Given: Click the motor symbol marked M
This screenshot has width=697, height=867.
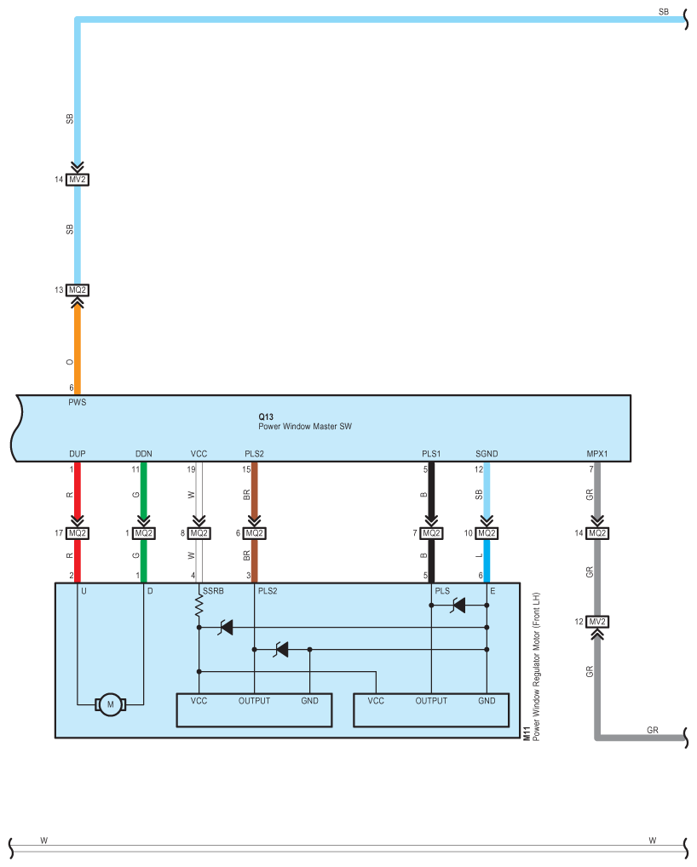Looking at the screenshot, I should click(x=109, y=703).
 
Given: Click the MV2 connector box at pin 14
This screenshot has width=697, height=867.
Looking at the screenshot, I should click(x=78, y=180).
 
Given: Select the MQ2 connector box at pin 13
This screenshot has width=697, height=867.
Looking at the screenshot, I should click(x=78, y=290).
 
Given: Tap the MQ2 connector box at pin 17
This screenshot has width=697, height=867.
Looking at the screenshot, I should click(x=78, y=533).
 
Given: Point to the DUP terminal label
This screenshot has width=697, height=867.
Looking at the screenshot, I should click(x=78, y=454).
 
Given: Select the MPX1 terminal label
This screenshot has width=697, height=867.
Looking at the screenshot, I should click(x=597, y=454).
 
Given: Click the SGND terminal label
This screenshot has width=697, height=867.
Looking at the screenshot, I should click(x=486, y=454).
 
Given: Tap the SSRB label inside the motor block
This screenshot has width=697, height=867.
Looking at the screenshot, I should click(x=212, y=590).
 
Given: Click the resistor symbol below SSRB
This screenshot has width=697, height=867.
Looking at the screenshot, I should click(x=199, y=606).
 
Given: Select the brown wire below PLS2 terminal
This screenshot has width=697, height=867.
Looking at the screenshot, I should click(x=254, y=494).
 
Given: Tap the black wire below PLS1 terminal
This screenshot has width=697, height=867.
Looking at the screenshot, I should click(x=431, y=494).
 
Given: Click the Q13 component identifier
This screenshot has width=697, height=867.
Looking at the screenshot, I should click(x=266, y=416).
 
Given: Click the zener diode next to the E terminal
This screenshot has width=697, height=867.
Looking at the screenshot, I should click(x=458, y=606).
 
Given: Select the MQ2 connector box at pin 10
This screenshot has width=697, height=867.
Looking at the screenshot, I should click(x=486, y=533).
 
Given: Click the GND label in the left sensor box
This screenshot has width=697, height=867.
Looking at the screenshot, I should click(x=309, y=701).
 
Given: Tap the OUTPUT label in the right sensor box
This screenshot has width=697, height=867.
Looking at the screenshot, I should click(x=431, y=701).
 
